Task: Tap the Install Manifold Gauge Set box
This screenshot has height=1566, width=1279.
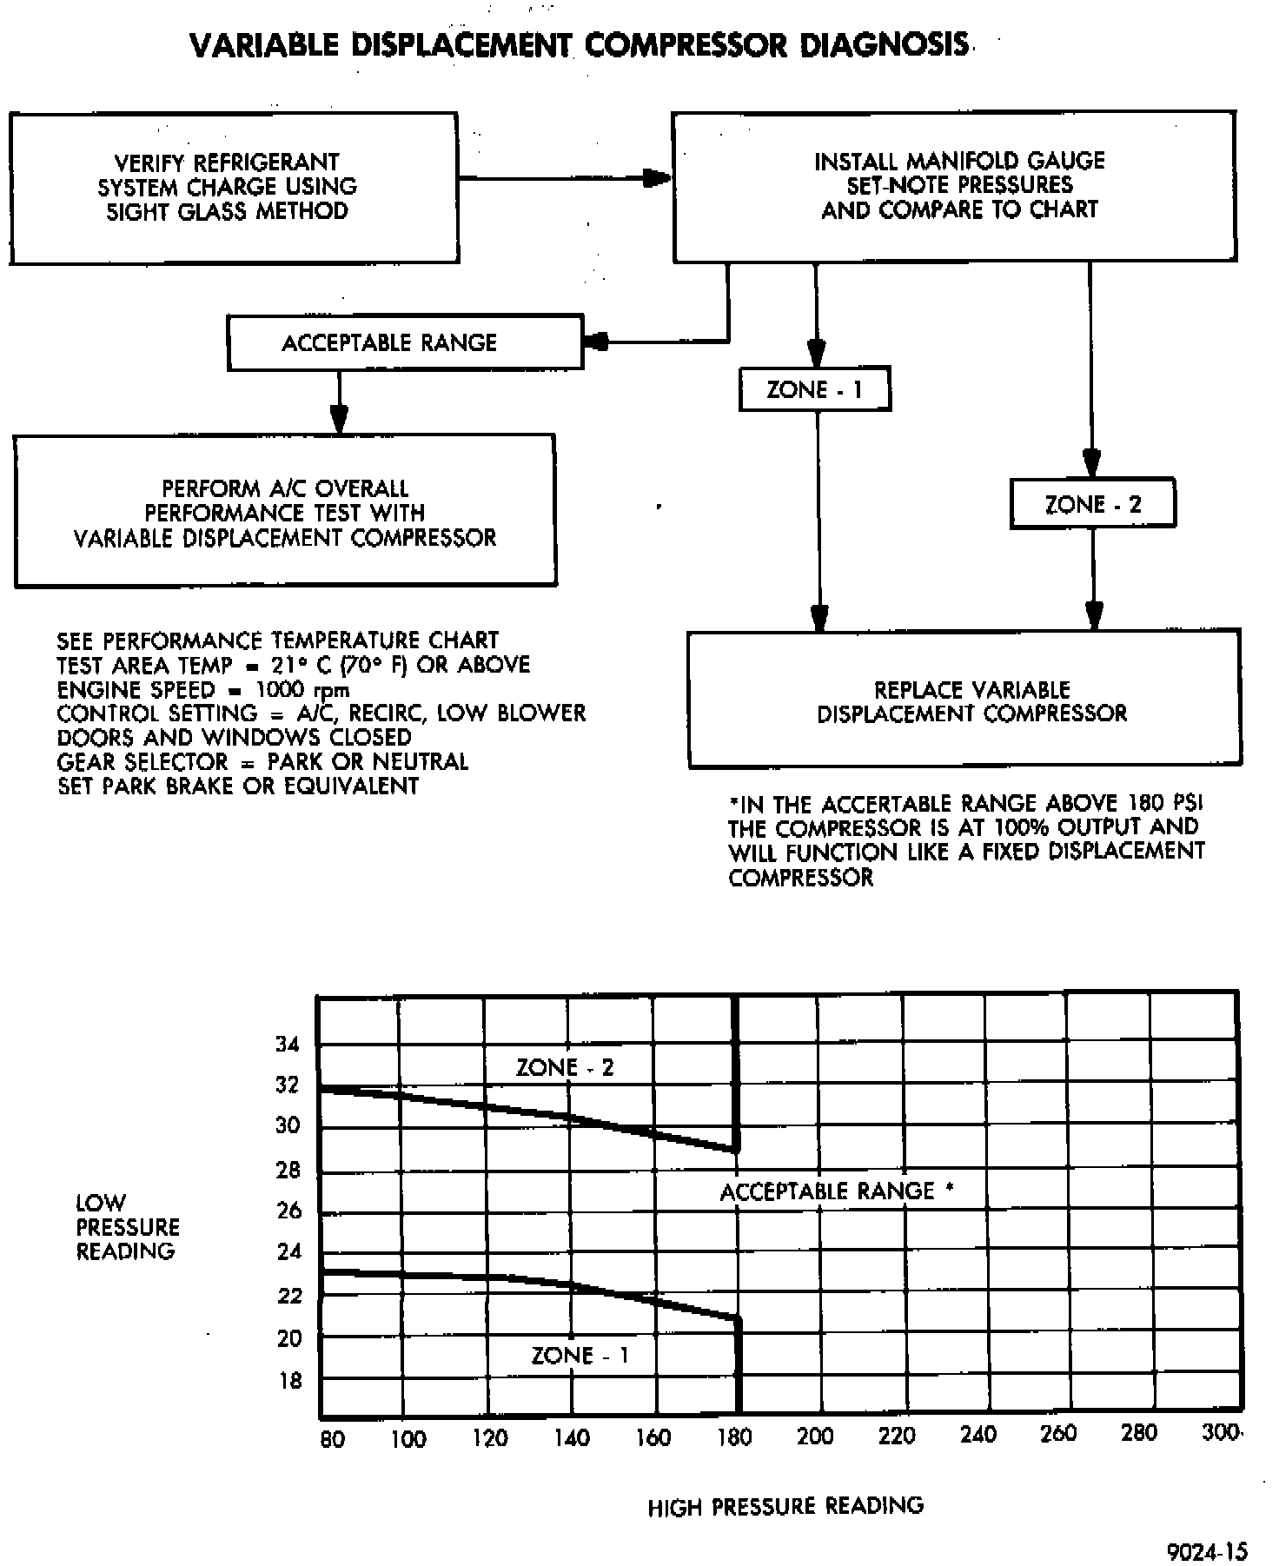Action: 954,185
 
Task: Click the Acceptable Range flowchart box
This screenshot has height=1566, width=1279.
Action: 404,342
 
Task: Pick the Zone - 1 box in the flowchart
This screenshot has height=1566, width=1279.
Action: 814,389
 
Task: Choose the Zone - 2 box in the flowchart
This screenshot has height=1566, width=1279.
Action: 1092,504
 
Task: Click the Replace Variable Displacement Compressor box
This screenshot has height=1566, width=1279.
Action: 964,700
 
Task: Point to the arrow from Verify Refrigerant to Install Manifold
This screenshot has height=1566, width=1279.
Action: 565,179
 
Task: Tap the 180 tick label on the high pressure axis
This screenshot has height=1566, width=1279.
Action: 734,1438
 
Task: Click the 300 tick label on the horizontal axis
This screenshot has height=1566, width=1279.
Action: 1221,1433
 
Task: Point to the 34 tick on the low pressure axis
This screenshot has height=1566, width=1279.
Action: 288,1045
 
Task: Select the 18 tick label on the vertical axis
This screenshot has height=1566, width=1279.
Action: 290,1381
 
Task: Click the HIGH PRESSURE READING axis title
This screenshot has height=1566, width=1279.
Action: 785,1506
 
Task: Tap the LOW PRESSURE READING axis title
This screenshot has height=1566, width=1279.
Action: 127,1227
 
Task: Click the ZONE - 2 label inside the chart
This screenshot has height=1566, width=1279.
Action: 564,1068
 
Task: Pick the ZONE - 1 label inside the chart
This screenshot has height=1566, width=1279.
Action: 580,1356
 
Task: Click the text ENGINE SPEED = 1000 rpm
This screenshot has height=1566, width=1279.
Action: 203,690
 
